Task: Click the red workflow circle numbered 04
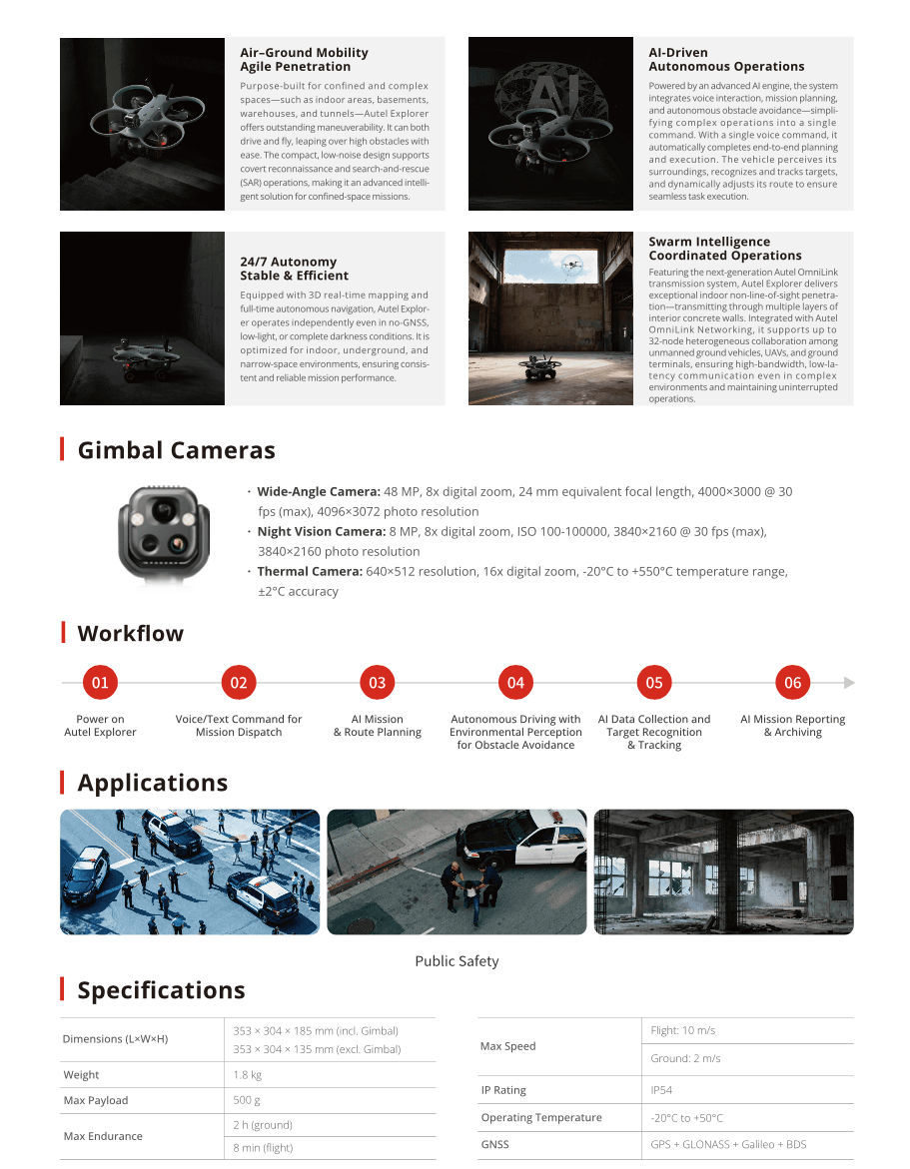click(515, 683)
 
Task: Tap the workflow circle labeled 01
click(100, 683)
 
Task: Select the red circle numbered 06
click(792, 683)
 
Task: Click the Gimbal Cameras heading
click(176, 450)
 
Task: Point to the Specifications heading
click(161, 990)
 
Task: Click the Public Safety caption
click(456, 961)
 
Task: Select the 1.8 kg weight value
click(248, 1075)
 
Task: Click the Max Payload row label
click(96, 1100)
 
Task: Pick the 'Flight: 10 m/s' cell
click(683, 1030)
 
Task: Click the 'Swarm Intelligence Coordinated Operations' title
click(724, 249)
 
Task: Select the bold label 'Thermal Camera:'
click(309, 572)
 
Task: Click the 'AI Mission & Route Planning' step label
click(378, 726)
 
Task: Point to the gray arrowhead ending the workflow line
click(849, 683)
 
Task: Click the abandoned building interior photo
click(723, 872)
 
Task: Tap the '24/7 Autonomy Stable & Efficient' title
click(294, 269)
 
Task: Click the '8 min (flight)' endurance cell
click(263, 1148)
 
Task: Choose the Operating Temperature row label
click(541, 1118)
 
